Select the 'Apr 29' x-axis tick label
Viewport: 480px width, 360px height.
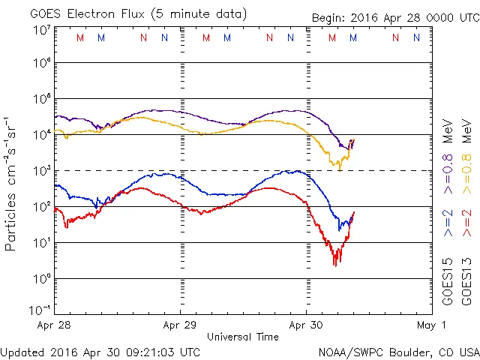(x=180, y=325)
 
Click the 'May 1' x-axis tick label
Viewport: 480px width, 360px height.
(x=431, y=325)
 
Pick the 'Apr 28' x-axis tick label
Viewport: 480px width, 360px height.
(x=55, y=325)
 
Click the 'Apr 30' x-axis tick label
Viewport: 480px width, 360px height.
(x=306, y=325)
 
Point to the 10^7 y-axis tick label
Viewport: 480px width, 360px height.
(x=41, y=29)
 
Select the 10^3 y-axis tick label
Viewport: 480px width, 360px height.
(x=41, y=170)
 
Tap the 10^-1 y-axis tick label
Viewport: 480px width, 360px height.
(x=40, y=309)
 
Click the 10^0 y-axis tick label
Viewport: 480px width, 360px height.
(x=41, y=277)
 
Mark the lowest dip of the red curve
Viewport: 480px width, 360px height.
(x=335, y=264)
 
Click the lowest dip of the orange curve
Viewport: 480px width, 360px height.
(x=340, y=169)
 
